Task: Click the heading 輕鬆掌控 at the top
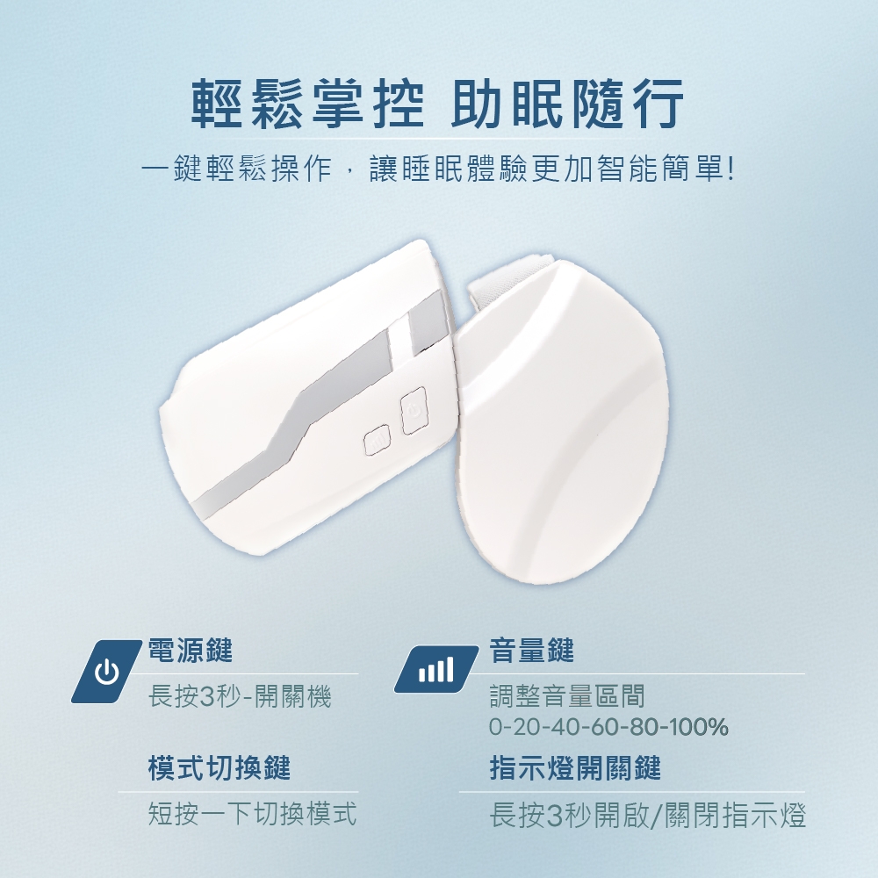pos(308,104)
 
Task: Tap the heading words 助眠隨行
pos(568,104)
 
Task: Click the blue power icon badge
pos(106,671)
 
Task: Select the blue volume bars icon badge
pos(436,669)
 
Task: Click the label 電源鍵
pos(191,651)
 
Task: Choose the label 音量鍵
pos(532,651)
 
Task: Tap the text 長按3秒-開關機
pos(241,697)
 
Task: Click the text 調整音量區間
pos(567,696)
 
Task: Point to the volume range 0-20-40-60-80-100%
pos(608,727)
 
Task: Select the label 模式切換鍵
pos(219,767)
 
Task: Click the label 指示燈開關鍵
pos(575,767)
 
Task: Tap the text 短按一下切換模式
pos(252,814)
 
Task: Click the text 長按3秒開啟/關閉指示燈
pos(648,815)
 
